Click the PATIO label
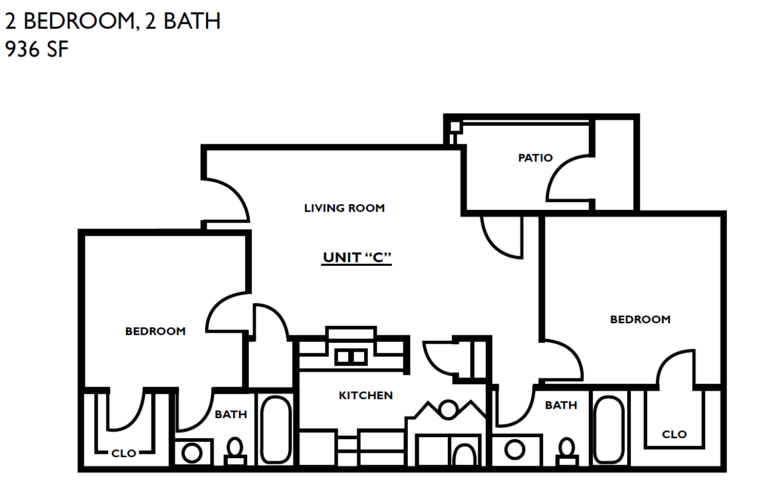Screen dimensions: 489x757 tap(535, 158)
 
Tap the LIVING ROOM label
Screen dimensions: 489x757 tap(344, 208)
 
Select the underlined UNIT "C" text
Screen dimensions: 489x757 tap(357, 257)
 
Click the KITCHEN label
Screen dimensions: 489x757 tap(366, 395)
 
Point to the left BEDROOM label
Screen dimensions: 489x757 tap(155, 331)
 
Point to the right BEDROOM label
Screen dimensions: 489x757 tap(640, 319)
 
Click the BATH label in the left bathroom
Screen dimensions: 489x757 tap(231, 414)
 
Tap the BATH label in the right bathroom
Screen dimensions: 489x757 tap(561, 405)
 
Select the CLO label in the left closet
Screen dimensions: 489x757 tap(124, 453)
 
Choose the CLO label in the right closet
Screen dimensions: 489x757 tap(674, 434)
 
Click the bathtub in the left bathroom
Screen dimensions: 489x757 tap(276, 429)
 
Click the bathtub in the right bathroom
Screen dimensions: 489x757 tap(609, 429)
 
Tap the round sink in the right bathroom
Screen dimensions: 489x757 tap(514, 450)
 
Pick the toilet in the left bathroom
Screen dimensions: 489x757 tap(235, 451)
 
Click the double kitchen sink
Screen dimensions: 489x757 tap(351, 356)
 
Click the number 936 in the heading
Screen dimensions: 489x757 tap(22, 50)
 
